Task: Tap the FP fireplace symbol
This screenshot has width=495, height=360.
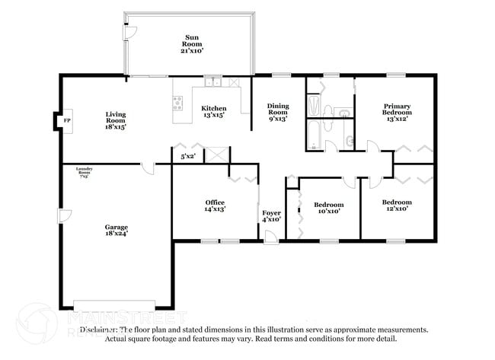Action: (x=66, y=121)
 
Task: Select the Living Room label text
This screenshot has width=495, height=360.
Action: (x=116, y=120)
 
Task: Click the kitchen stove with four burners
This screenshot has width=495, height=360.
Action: (x=178, y=104)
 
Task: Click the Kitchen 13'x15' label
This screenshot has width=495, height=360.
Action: (x=214, y=113)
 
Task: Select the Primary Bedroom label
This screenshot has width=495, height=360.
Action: (x=396, y=113)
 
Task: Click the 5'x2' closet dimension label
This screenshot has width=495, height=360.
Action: (x=187, y=157)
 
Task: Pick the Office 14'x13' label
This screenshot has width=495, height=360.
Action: (x=215, y=205)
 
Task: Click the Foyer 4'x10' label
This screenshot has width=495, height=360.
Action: (x=271, y=216)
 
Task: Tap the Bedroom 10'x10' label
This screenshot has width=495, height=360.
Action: (x=328, y=208)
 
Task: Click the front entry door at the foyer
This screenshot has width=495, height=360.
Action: (x=270, y=240)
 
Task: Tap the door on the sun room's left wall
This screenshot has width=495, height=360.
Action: (x=129, y=33)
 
